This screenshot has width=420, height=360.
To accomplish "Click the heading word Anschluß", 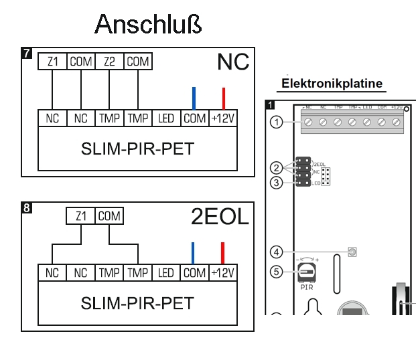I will (148, 24).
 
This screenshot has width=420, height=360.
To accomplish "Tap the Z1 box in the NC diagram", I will (52, 62).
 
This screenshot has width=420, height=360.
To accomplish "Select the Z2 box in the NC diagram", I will (110, 62).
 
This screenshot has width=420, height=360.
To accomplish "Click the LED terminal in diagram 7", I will (165, 118).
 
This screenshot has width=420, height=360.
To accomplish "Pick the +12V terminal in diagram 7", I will (224, 118).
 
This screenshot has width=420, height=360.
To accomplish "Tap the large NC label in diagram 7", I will (232, 62).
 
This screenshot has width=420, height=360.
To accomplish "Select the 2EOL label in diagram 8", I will (220, 217).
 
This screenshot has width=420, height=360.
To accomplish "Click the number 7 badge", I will (27, 52).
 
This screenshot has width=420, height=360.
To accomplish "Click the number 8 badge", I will (27, 207).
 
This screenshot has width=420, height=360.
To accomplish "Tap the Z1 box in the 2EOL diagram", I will (81, 216).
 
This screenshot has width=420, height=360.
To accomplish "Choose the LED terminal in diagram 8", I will (165, 273).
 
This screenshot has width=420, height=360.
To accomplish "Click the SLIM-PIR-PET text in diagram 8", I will (137, 303).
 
